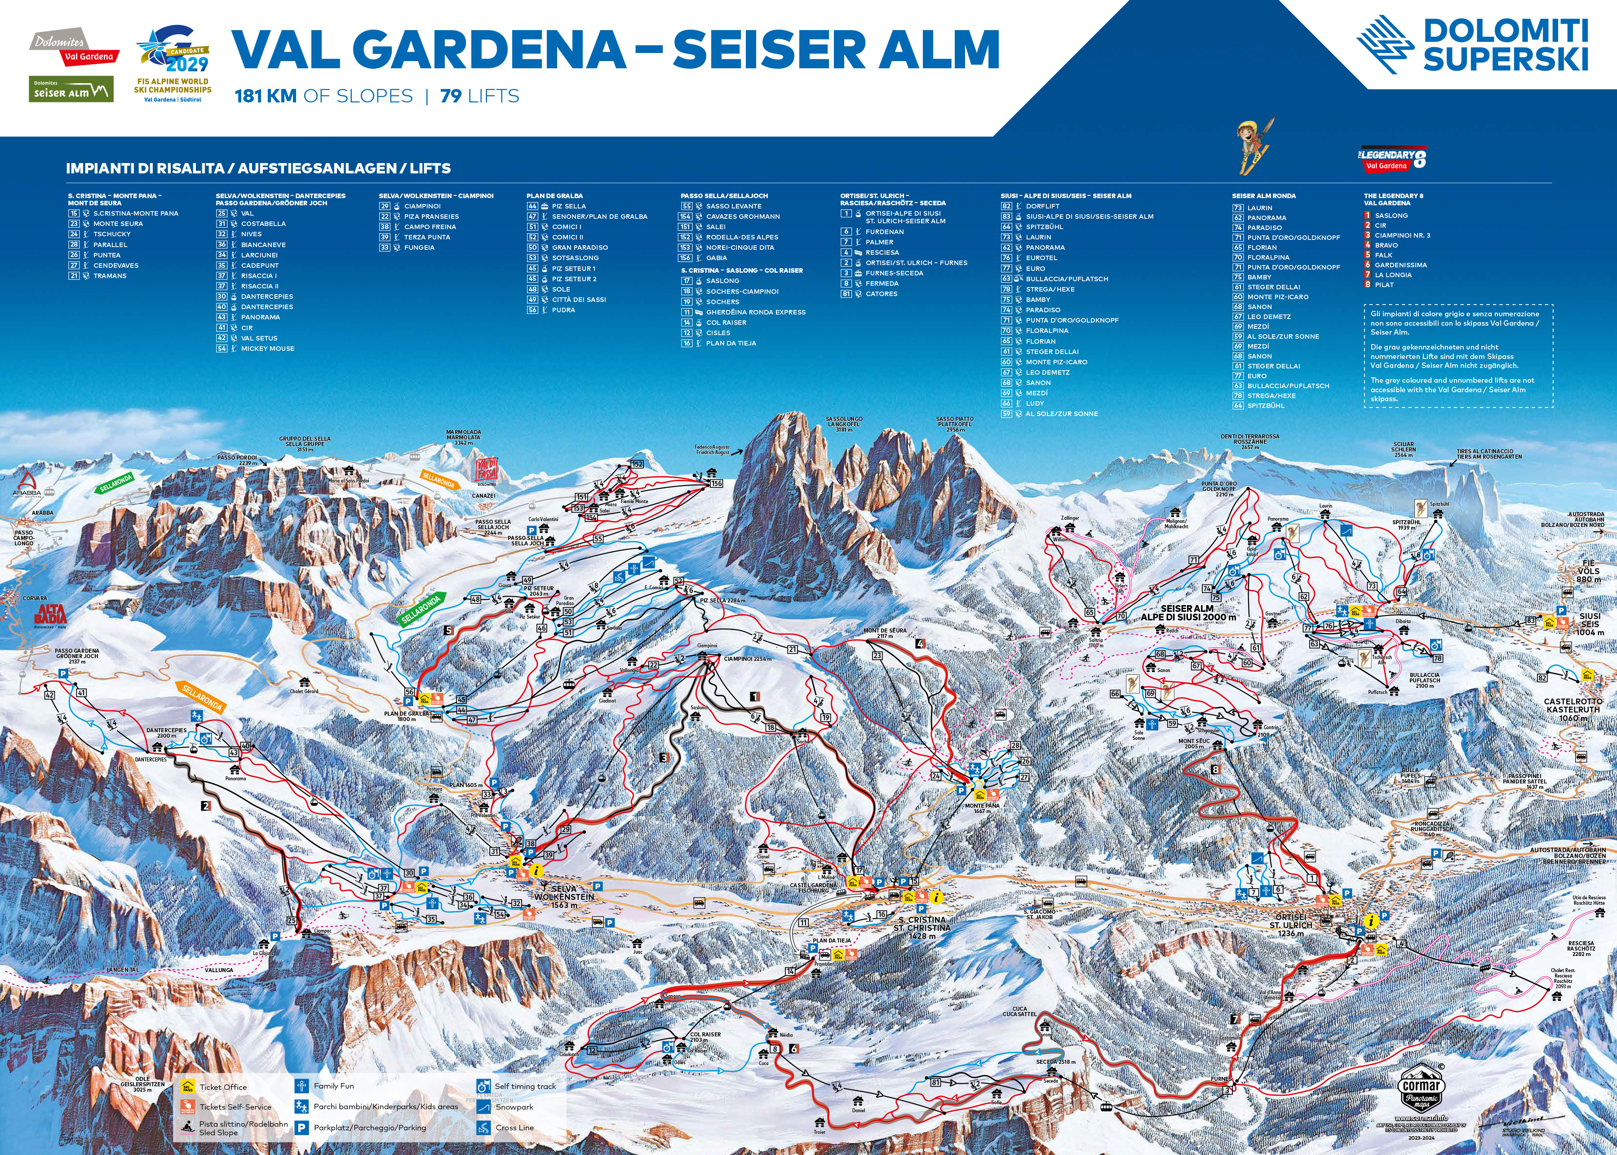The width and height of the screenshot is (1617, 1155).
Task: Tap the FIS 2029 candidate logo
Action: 173,64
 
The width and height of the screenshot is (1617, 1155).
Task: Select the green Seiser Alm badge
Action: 71,89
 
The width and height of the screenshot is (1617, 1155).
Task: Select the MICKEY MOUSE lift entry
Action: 267,349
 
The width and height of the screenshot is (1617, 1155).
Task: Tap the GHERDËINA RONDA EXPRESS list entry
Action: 755,312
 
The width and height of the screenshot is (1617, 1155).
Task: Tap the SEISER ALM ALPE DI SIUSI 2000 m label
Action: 1187,612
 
